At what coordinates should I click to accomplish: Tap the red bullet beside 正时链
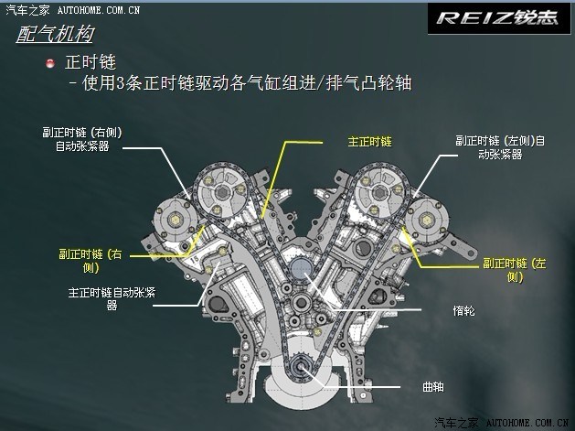(x=50, y=64)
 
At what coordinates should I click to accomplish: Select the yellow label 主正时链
(x=369, y=142)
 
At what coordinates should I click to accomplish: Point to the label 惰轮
(x=463, y=311)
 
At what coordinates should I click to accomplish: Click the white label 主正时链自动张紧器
(x=112, y=300)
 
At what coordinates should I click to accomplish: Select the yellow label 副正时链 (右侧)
(x=90, y=260)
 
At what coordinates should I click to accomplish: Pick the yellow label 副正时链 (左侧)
(x=513, y=268)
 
